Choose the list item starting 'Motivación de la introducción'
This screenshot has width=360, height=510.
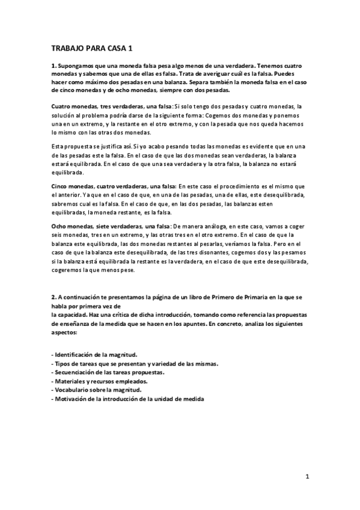[x=128, y=399]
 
